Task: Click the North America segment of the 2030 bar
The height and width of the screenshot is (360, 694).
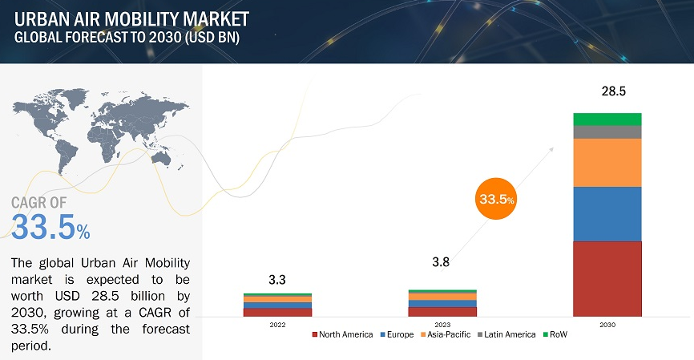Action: click(607, 278)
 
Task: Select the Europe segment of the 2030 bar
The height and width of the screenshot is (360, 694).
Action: click(607, 213)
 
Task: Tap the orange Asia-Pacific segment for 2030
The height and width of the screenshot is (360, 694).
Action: click(607, 162)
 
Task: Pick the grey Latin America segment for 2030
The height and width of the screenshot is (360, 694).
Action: click(607, 132)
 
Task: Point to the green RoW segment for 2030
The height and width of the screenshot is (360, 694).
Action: click(607, 119)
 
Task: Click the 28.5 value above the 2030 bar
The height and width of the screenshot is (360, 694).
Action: click(614, 92)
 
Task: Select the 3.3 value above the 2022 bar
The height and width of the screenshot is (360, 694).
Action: click(277, 280)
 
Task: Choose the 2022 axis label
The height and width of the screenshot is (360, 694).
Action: click(277, 325)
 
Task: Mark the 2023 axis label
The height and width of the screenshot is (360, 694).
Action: click(442, 325)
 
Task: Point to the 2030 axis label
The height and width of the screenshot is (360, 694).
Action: click(607, 325)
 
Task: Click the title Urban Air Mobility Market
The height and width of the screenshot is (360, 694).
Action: click(131, 18)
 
